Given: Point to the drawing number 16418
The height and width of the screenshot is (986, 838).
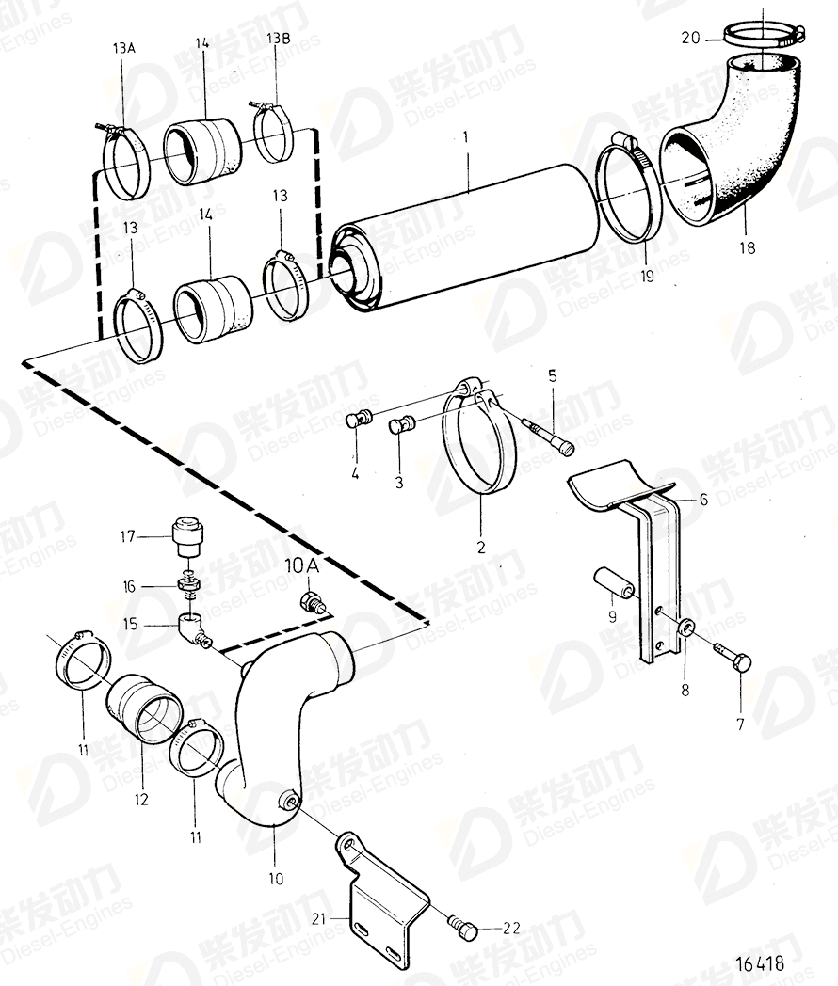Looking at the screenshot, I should (x=757, y=963).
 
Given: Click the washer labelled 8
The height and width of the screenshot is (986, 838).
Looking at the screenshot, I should (x=685, y=628).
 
